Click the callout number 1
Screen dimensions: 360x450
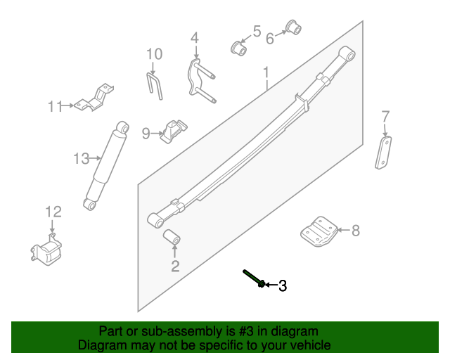coord(266,72)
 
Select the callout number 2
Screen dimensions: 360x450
coord(175,266)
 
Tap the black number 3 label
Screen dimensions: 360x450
coord(283,285)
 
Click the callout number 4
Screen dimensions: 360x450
coord(195,38)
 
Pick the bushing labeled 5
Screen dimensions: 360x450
coord(240,49)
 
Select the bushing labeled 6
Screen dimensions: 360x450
coord(292,28)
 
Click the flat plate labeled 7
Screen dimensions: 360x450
coord(383,153)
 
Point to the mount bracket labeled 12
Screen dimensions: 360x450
coord(47,251)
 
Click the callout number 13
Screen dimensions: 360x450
coord(82,159)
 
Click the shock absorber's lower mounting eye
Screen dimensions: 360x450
coord(89,204)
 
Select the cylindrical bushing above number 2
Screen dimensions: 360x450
coord(172,238)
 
